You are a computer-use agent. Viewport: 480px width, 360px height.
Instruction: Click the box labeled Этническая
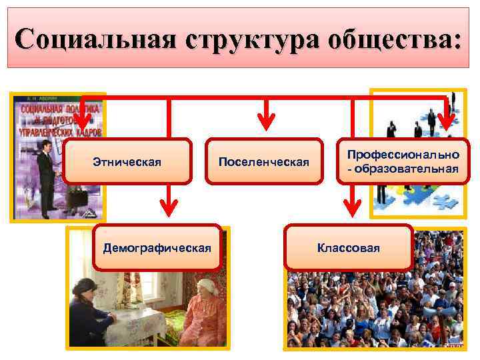tap(127, 161)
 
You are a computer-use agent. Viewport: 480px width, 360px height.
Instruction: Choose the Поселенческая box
tap(266, 161)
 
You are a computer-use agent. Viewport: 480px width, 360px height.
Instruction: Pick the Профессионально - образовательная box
tap(403, 161)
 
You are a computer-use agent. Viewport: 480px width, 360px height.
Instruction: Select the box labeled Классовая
tap(349, 248)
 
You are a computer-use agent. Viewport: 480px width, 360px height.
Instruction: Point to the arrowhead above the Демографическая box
tap(169, 213)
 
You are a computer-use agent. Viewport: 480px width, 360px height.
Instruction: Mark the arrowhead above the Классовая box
tap(349, 213)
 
